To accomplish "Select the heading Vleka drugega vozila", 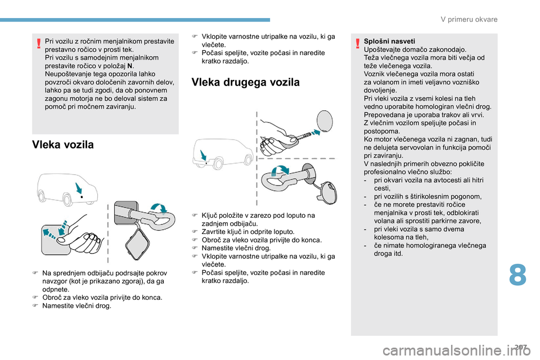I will (x=246, y=82).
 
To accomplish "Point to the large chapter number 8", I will (x=517, y=276).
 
